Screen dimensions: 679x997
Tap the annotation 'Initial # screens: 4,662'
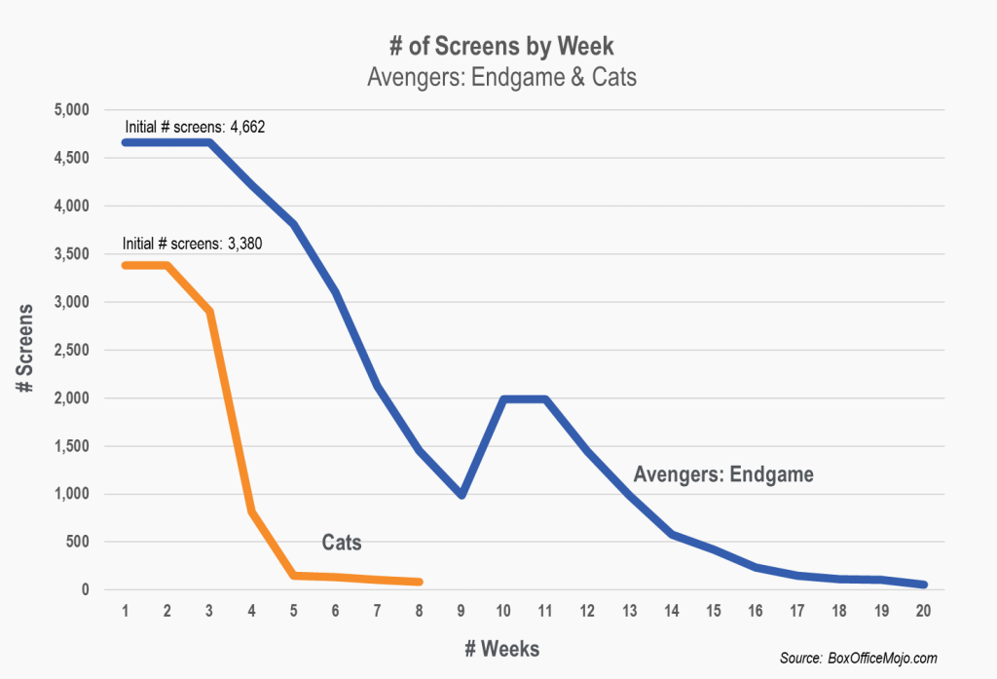click(195, 127)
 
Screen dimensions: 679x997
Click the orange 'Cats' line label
click(342, 543)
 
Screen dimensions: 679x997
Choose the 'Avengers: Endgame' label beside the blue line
click(723, 474)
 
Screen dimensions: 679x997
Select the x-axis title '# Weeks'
click(503, 648)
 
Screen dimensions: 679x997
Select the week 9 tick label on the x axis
click(462, 610)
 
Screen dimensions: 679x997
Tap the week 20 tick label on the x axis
click(923, 610)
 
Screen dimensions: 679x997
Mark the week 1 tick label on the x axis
click(126, 610)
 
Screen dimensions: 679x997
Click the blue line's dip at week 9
click(462, 495)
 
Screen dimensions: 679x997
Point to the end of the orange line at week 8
click(420, 582)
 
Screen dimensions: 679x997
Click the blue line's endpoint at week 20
click(923, 585)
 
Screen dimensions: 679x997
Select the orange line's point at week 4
click(251, 510)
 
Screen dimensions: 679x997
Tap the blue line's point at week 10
click(503, 398)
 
